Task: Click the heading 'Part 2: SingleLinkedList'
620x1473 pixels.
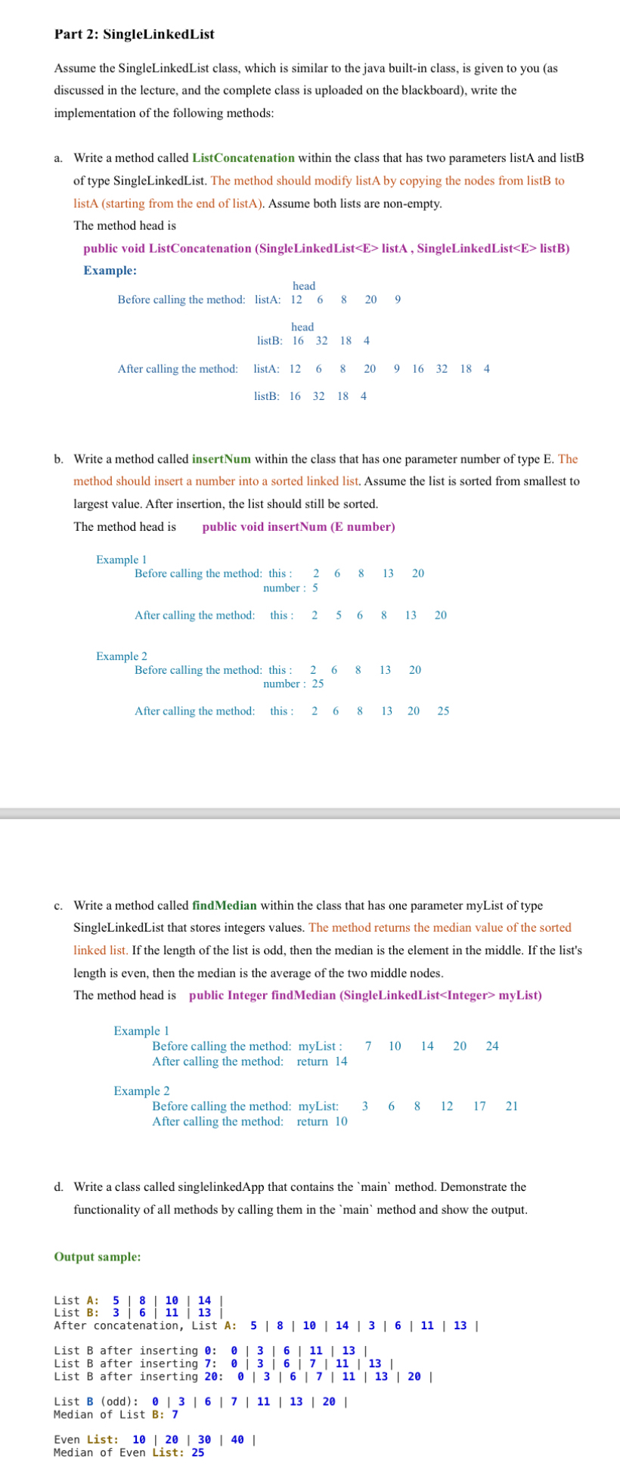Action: tap(134, 35)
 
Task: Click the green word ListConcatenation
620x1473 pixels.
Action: tap(243, 158)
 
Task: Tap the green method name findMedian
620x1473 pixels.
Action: tap(225, 905)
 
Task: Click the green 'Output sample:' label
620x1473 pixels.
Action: tap(97, 1257)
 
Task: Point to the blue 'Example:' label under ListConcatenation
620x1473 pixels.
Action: tap(110, 270)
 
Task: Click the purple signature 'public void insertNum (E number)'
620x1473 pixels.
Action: tap(298, 526)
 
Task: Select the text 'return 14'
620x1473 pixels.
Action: tap(322, 1061)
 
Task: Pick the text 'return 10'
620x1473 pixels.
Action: tap(322, 1121)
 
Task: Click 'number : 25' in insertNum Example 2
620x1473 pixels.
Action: tap(293, 684)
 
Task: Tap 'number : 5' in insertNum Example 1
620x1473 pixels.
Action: tap(290, 587)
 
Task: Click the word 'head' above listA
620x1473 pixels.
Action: tap(304, 286)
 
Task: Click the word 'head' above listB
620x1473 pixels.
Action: tap(302, 327)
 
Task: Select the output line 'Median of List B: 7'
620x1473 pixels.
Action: tap(116, 1414)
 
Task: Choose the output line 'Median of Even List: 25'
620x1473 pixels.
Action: tap(129, 1452)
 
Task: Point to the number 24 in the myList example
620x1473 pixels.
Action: tap(492, 1046)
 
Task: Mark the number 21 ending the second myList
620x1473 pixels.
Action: tap(512, 1106)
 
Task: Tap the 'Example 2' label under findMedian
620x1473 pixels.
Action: tap(141, 1090)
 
